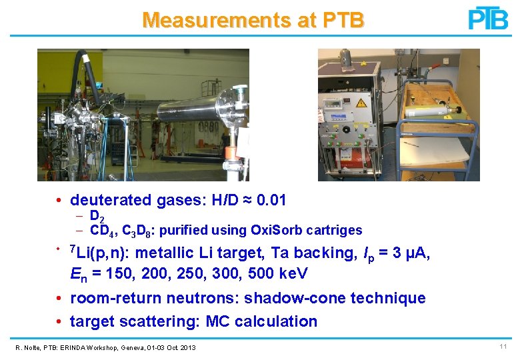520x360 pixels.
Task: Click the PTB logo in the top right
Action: coord(488,19)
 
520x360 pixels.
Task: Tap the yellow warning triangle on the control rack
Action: coord(361,103)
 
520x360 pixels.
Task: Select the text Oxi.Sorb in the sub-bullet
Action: coord(274,231)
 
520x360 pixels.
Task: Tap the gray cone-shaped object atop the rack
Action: coord(346,57)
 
